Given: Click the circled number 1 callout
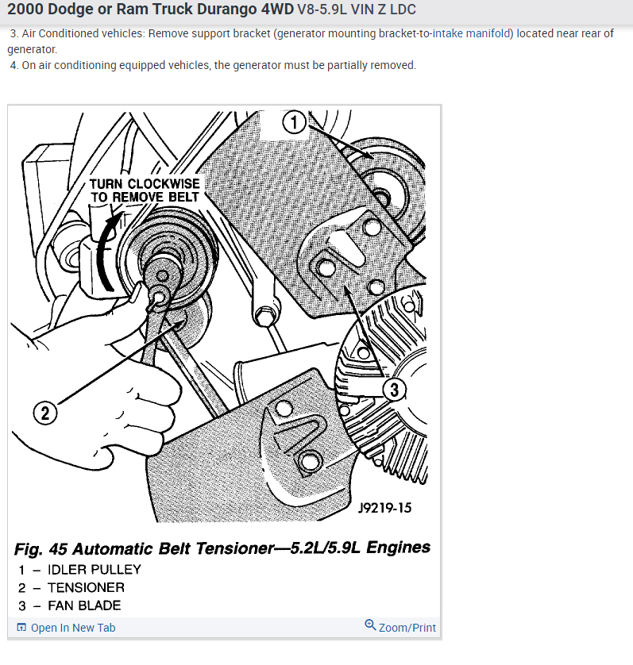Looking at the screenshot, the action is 294,122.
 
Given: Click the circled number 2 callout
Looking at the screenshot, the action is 45,413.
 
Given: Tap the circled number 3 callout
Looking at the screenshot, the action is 394,390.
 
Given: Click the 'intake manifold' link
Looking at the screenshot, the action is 471,33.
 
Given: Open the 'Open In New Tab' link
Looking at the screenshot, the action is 73,628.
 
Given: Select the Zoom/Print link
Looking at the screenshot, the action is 407,628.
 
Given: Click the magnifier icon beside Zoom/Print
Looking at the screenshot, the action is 370,625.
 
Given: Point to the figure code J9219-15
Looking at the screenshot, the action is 384,508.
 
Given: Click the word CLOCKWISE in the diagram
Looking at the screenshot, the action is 164,184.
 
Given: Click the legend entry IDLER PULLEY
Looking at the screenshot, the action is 94,570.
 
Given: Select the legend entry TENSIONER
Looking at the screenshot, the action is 86,588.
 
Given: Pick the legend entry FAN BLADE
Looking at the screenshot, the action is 84,605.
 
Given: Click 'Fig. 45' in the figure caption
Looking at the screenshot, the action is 41,549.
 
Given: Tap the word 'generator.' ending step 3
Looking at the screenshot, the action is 32,50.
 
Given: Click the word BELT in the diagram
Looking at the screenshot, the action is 183,198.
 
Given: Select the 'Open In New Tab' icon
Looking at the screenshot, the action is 21,627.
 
